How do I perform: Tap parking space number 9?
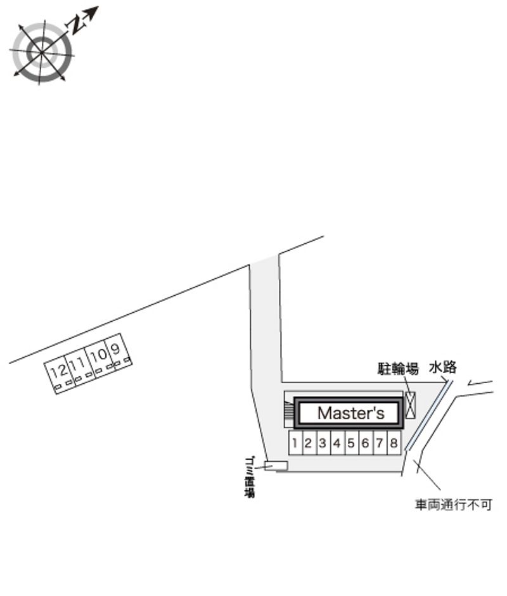[x=116, y=351]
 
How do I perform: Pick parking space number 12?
[x=58, y=372]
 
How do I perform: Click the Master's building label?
[x=350, y=414]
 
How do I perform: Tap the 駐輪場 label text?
[x=398, y=369]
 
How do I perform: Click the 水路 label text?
[x=443, y=367]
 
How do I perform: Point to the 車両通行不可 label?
[x=452, y=505]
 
